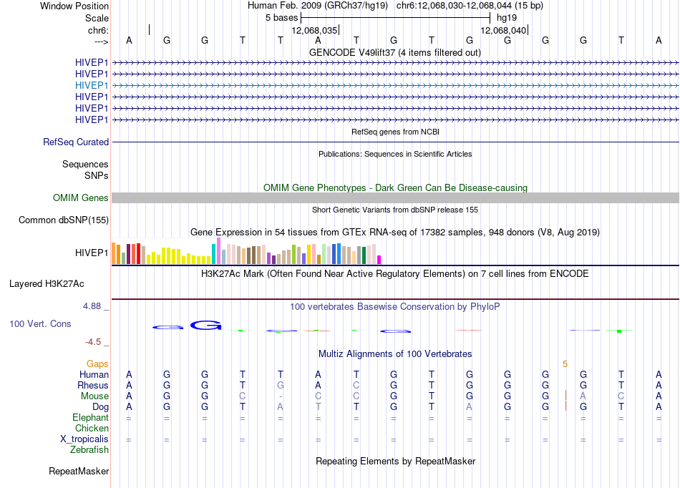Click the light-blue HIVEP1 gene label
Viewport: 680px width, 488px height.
pyautogui.click(x=92, y=85)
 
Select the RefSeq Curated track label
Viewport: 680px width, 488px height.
pyautogui.click(x=76, y=142)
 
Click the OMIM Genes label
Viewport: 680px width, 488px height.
pyautogui.click(x=81, y=198)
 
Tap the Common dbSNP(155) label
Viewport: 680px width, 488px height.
pyautogui.click(x=64, y=220)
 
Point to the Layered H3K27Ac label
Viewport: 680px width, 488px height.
pyautogui.click(x=47, y=284)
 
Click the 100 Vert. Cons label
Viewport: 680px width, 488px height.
pyautogui.click(x=40, y=323)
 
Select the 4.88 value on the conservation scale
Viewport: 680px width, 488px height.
pyautogui.click(x=92, y=306)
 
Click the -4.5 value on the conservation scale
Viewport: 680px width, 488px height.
pyautogui.click(x=93, y=342)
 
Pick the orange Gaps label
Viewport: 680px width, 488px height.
pyautogui.click(x=97, y=364)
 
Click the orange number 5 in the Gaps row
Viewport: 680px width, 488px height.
pyautogui.click(x=565, y=364)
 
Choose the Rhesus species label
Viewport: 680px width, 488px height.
pyautogui.click(x=93, y=385)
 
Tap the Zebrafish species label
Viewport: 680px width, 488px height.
pyautogui.click(x=89, y=450)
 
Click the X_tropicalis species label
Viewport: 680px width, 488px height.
pyautogui.click(x=84, y=439)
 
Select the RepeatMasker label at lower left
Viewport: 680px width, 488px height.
pyautogui.click(x=79, y=471)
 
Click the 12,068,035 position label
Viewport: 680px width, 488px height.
pyautogui.click(x=314, y=30)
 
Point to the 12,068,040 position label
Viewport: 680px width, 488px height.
pyautogui.click(x=503, y=30)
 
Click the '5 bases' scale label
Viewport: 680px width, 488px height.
pyautogui.click(x=282, y=18)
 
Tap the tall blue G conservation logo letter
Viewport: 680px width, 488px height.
pyautogui.click(x=206, y=325)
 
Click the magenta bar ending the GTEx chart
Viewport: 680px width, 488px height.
pyautogui.click(x=379, y=260)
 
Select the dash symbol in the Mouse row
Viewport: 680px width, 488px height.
pyautogui.click(x=281, y=396)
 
